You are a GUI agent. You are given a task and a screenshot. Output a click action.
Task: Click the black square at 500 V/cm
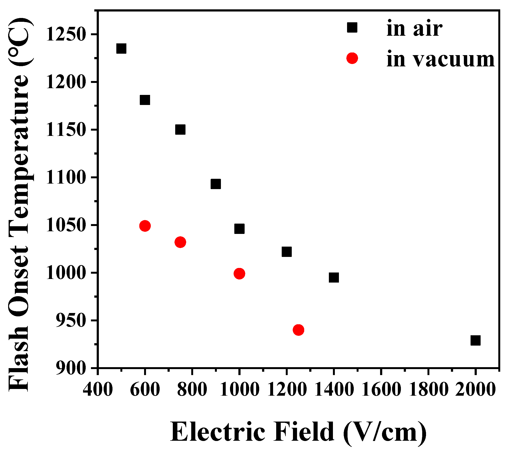click(121, 49)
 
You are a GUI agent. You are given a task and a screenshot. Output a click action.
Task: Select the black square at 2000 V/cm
click(476, 341)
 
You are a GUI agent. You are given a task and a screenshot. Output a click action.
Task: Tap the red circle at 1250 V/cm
click(298, 330)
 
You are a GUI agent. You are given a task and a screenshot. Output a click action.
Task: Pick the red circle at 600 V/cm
click(145, 226)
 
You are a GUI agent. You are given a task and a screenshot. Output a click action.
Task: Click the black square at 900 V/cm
click(216, 184)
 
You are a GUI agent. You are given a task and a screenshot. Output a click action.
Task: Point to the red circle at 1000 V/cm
click(239, 273)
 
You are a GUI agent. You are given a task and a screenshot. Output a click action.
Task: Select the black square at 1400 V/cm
click(334, 278)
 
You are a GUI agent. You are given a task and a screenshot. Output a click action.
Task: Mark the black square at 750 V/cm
click(180, 130)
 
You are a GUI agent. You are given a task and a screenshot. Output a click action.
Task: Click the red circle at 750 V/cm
click(180, 242)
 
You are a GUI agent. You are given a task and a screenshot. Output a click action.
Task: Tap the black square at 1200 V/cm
click(286, 252)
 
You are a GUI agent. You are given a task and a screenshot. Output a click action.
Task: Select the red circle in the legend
click(352, 58)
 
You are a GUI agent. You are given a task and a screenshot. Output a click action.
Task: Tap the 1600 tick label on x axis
click(381, 390)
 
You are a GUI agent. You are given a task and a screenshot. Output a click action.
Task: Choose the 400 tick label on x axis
click(98, 390)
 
